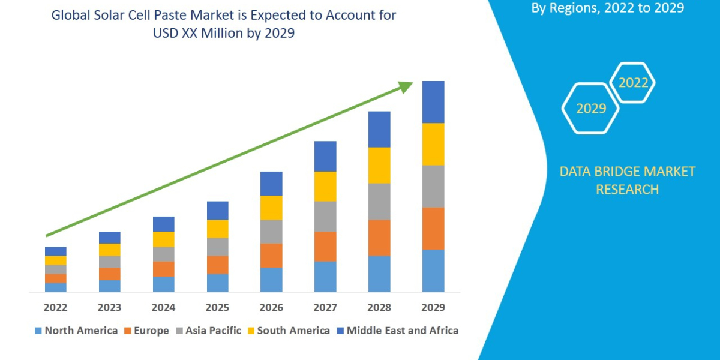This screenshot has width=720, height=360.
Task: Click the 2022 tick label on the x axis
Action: click(55, 308)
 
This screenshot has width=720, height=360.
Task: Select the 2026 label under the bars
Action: click(271, 308)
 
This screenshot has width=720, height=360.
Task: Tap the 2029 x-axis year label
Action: click(433, 308)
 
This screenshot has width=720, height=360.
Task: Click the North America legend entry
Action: click(76, 331)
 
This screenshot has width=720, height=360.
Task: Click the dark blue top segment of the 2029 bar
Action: click(433, 102)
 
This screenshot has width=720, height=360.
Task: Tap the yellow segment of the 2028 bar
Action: click(379, 165)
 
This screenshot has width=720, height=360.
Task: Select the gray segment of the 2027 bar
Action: click(325, 216)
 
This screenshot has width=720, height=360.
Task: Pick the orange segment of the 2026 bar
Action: click(271, 255)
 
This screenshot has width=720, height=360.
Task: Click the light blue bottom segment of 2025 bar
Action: click(217, 283)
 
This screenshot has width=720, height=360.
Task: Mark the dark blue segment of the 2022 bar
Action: click(55, 251)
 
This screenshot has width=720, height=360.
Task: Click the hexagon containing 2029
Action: click(590, 109)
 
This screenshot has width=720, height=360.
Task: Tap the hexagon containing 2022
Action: click(633, 83)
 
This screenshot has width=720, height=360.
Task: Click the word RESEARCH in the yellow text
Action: click(627, 190)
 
